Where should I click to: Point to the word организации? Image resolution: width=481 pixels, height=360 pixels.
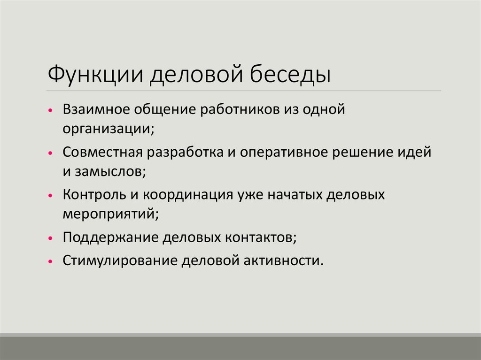coord(107,129)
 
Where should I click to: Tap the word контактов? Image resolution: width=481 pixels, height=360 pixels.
coord(261,237)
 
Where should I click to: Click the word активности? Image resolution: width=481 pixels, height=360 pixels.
coord(286,260)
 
